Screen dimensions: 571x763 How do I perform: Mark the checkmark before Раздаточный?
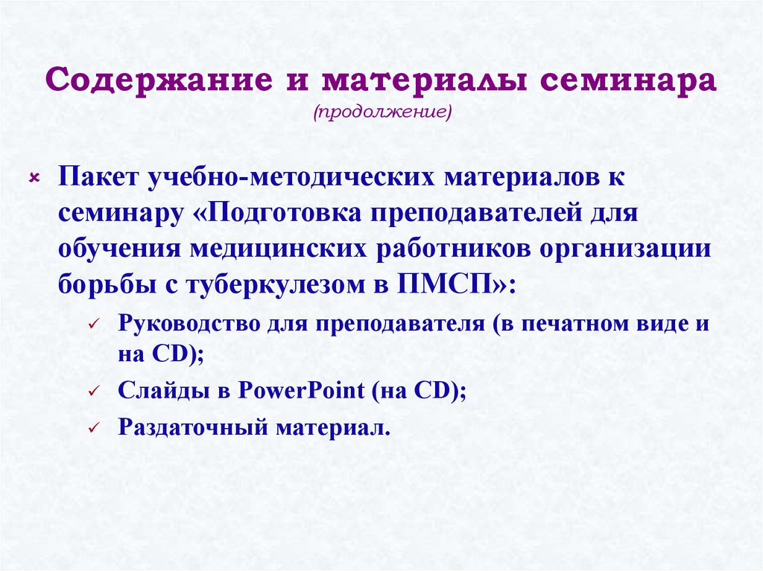click(92, 430)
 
